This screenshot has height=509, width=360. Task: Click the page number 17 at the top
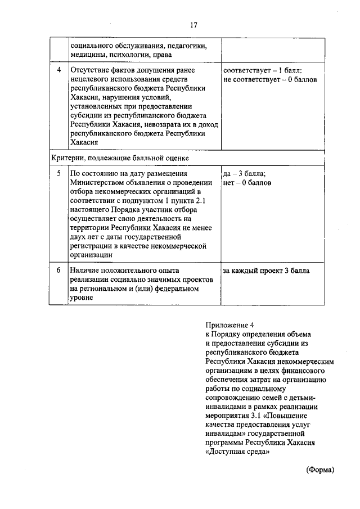point(193,25)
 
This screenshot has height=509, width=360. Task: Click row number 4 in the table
point(59,71)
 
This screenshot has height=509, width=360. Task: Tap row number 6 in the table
point(59,271)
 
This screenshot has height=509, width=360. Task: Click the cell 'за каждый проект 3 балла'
point(265,271)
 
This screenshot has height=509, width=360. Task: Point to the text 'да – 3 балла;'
point(244,174)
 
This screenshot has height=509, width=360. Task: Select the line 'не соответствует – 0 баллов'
point(270,80)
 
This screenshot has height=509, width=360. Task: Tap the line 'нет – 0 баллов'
point(247,183)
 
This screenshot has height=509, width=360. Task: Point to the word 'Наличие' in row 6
point(84,271)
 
